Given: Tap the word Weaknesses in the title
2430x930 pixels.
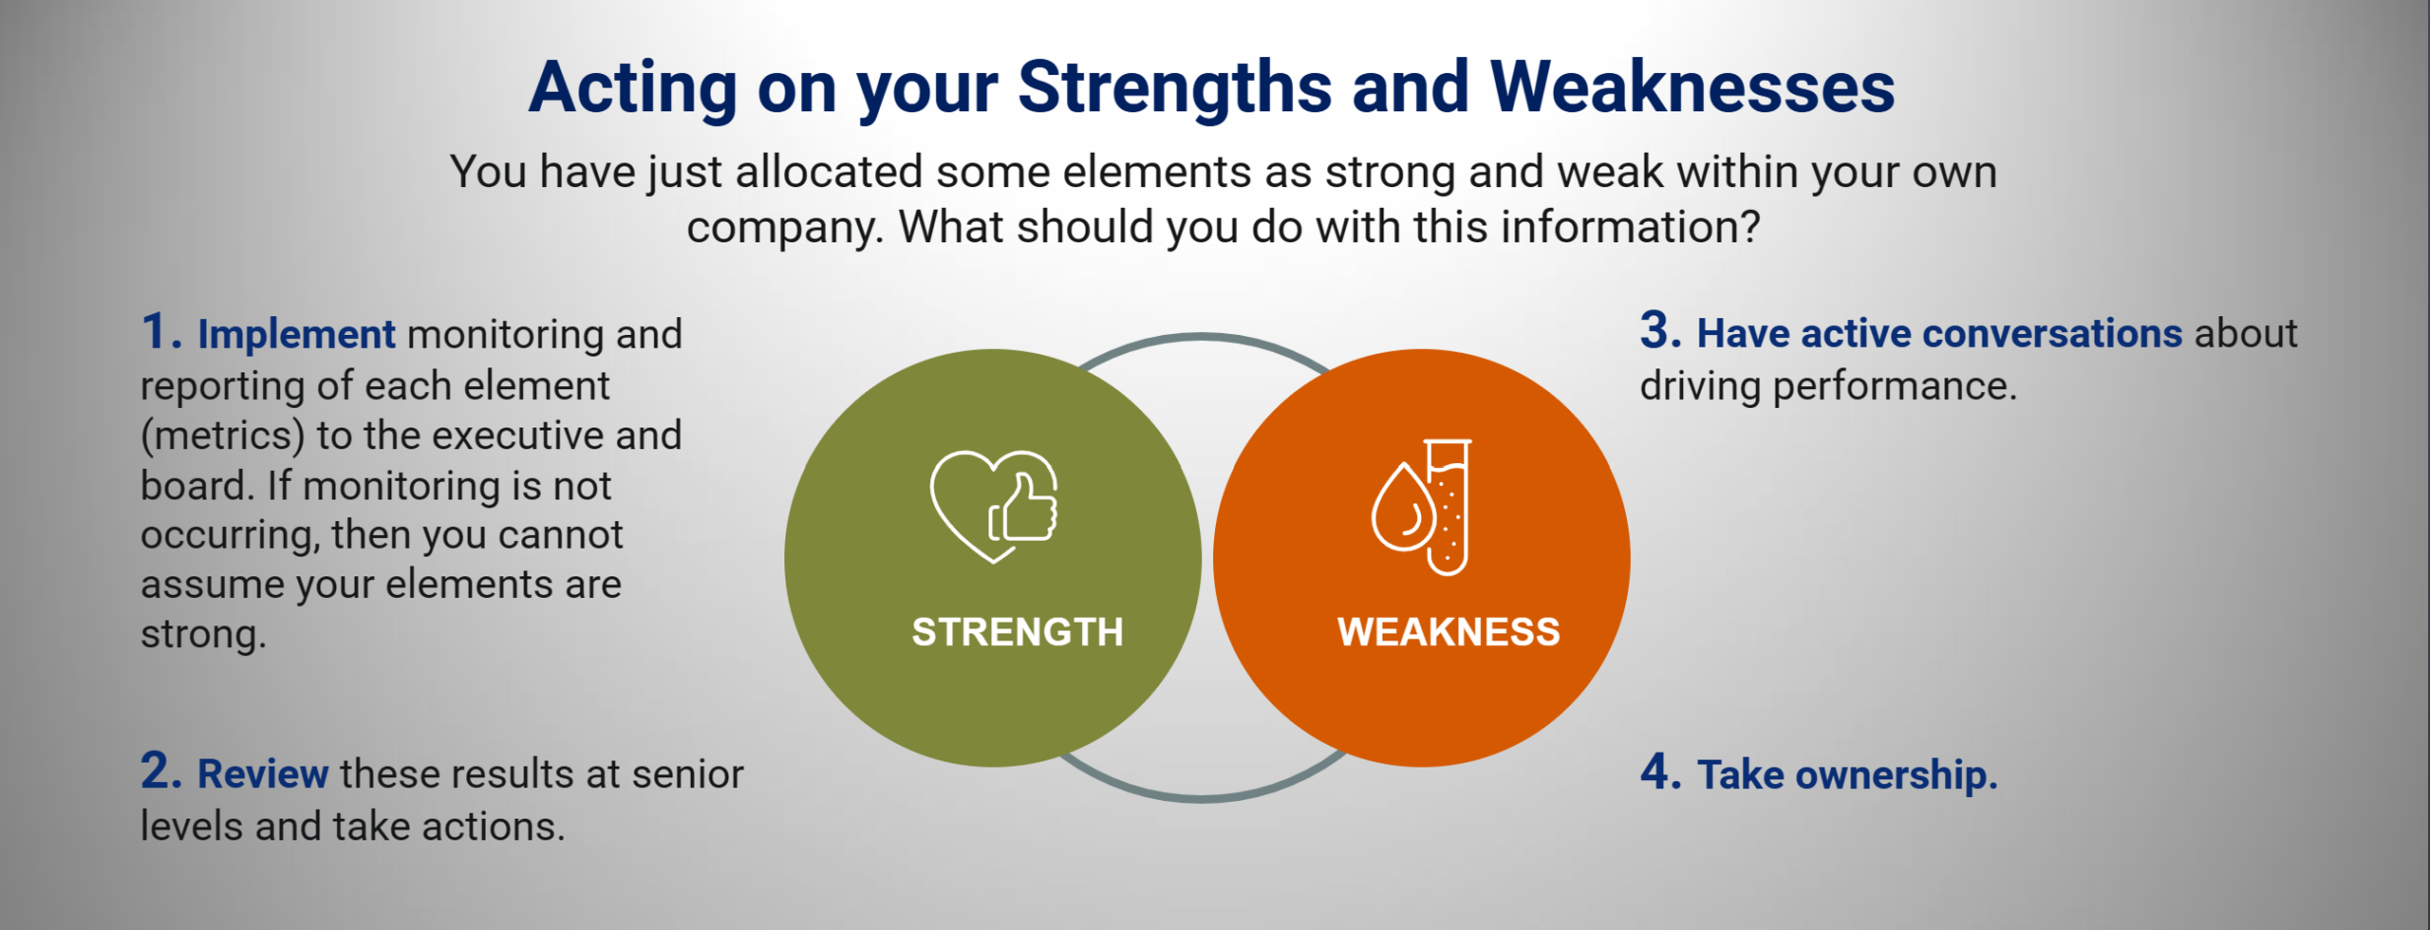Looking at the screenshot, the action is (1692, 87).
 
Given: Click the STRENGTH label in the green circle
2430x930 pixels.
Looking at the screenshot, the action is (1018, 632).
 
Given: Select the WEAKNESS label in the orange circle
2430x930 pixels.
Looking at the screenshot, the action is (1449, 632).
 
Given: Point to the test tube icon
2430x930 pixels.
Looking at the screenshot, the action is (1448, 507).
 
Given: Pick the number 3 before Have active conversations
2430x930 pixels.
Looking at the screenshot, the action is (1661, 331).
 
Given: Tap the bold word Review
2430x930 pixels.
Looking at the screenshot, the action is (263, 774).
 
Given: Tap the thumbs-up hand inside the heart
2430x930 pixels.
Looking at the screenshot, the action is (1023, 509).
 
